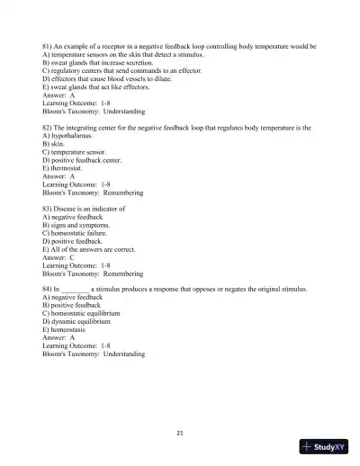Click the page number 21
[180, 434]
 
